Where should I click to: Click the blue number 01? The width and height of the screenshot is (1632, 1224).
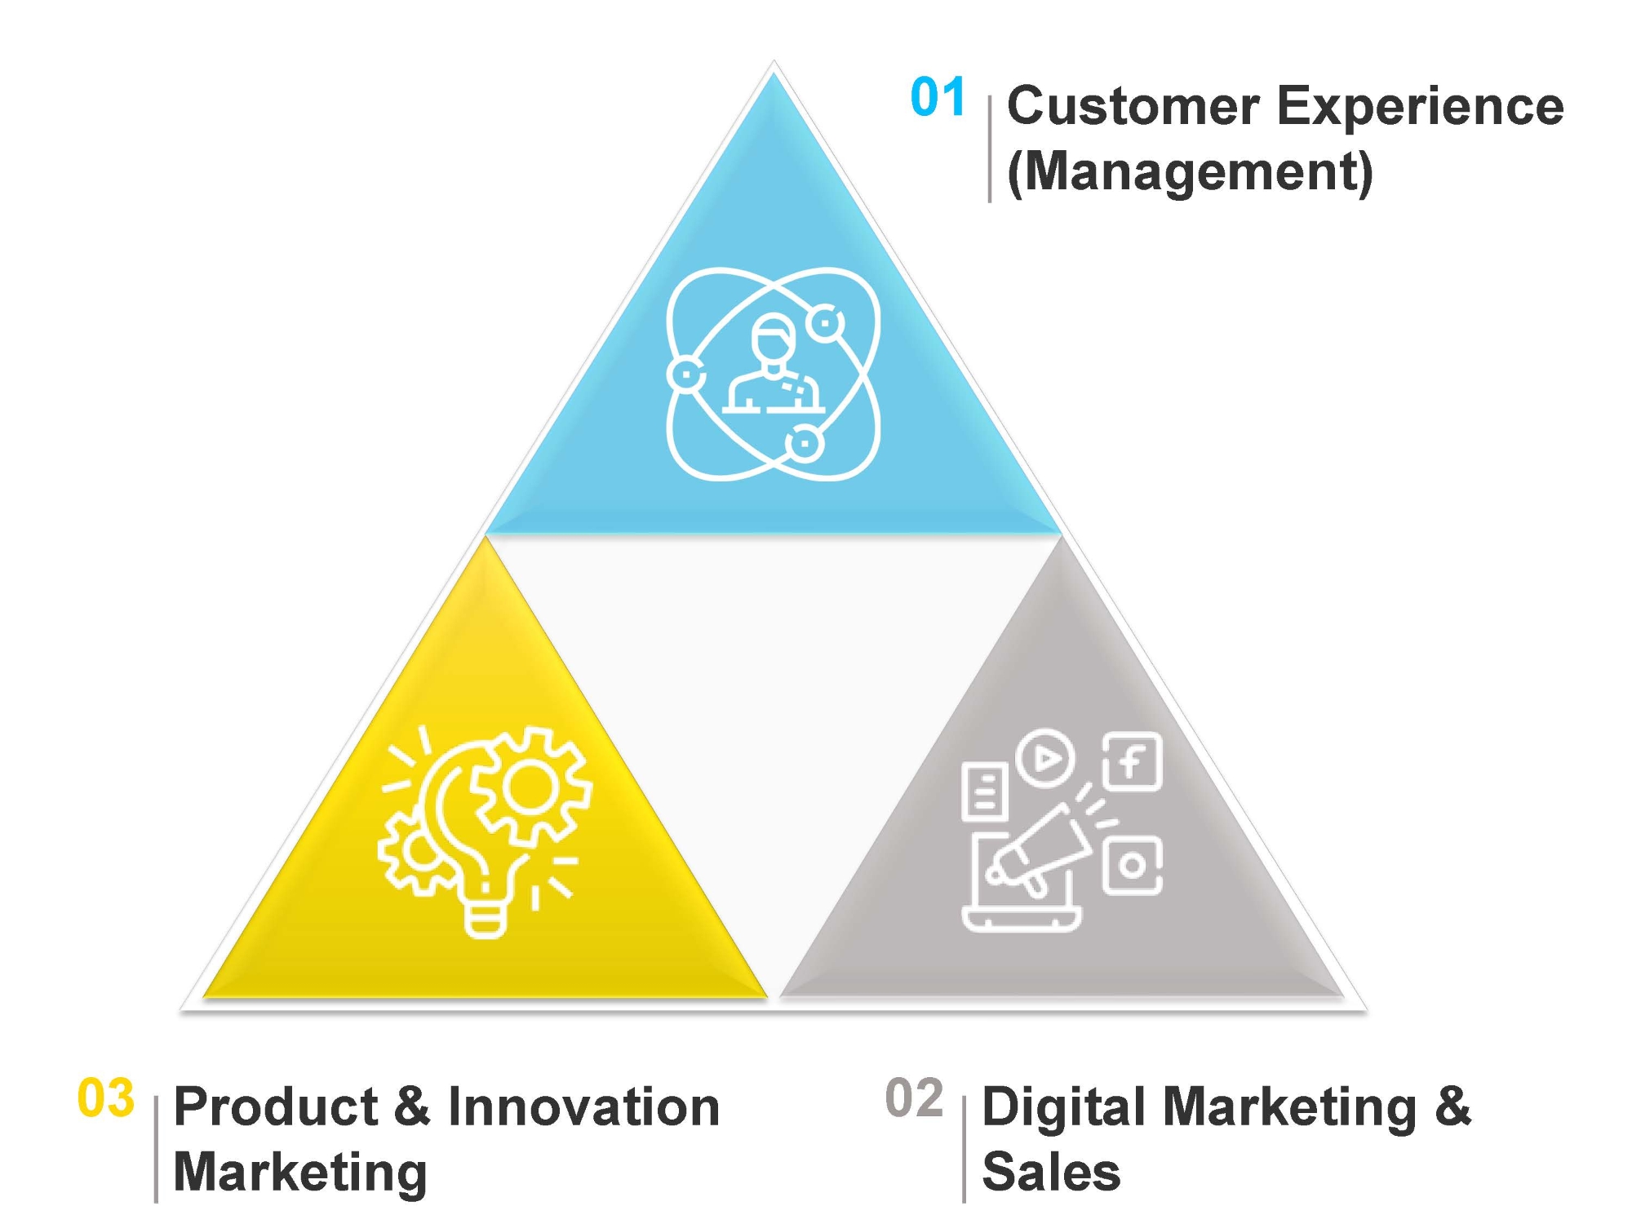pos(938,97)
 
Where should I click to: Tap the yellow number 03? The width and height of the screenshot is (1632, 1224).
pos(105,1098)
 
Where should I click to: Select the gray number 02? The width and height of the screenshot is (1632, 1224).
pos(915,1098)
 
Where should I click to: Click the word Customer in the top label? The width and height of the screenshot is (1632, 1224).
pos(1133,106)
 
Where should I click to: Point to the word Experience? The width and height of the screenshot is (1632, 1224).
pos(1420,108)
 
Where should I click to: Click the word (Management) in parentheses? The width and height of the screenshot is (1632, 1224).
pos(1191,172)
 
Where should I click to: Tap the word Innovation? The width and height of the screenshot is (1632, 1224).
pos(583,1107)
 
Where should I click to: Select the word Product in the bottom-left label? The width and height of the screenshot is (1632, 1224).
pos(276,1107)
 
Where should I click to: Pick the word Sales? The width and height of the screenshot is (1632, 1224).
pos(1051,1173)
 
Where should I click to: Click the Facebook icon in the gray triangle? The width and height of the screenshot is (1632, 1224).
pos(1133,762)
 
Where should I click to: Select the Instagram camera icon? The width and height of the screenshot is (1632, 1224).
pos(1133,865)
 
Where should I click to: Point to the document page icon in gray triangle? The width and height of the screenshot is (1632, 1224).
pos(984,792)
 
